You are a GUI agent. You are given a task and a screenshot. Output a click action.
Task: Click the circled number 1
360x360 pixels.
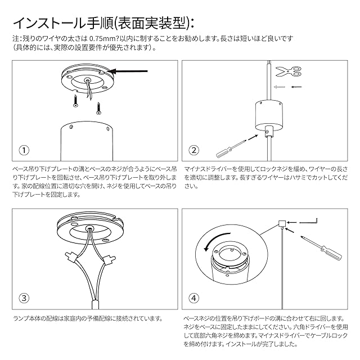pyautogui.click(x=24, y=150)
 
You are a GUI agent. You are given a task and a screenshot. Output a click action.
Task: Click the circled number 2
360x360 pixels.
pyautogui.click(x=193, y=150)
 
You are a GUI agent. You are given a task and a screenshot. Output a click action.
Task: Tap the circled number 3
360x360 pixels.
pyautogui.click(x=24, y=298)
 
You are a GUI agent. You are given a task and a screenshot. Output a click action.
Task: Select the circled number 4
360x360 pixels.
pyautogui.click(x=193, y=298)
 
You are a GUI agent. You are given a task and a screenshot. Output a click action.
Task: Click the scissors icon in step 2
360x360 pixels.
pyautogui.click(x=289, y=71)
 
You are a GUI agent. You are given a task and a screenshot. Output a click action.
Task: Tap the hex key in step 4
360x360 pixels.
pyautogui.click(x=308, y=221)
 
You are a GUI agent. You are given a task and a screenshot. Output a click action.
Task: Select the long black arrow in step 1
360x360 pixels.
pyautogui.click(x=129, y=71)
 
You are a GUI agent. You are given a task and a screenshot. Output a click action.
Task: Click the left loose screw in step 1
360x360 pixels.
pyautogui.click(x=75, y=101)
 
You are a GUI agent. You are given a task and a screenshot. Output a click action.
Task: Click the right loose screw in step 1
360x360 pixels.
pyautogui.click(x=99, y=109)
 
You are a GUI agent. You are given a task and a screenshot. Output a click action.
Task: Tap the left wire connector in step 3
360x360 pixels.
pyautogui.click(x=71, y=258)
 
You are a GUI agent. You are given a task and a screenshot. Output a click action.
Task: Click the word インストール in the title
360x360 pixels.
pyautogui.click(x=50, y=23)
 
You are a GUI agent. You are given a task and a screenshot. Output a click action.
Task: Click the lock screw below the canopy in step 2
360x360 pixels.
pyautogui.click(x=267, y=132)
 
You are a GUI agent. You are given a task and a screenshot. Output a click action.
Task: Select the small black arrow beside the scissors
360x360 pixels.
pyautogui.click(x=296, y=87)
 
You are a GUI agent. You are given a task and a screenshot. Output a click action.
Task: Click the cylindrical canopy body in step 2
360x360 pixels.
pyautogui.click(x=269, y=114)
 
